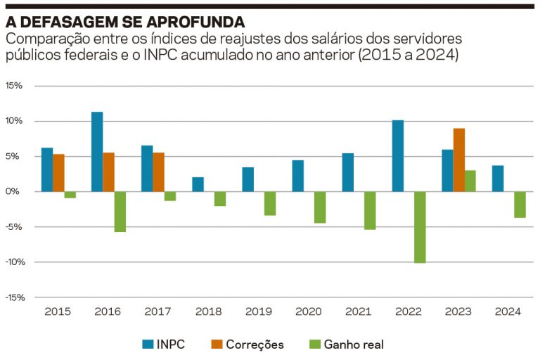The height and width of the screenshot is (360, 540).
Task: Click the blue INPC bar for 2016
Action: pos(97,152)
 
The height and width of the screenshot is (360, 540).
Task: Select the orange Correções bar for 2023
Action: pos(459,160)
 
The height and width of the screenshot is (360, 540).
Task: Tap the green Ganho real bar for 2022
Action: pos(420,227)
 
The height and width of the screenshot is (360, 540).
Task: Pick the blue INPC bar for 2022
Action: pos(398,156)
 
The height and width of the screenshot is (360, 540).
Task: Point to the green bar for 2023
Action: pos(470,181)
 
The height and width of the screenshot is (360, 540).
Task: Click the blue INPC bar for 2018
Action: pos(198,184)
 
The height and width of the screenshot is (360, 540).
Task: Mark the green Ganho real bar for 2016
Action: pos(120,212)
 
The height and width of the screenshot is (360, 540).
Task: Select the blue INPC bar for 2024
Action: pos(498,179)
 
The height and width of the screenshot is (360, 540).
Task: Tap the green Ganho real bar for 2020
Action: pos(320,207)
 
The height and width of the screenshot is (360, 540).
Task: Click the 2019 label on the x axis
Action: pos(259,311)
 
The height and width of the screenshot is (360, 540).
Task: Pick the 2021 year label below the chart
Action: pos(359,311)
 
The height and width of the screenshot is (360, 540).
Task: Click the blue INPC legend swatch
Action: pos(148,345)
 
